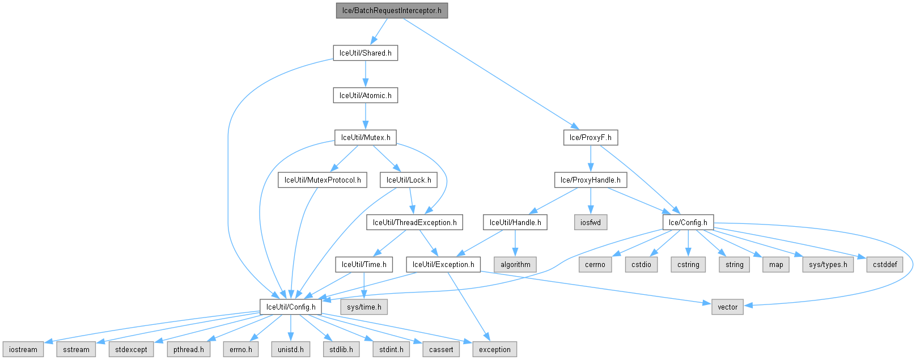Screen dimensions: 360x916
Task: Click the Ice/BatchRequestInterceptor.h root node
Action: coord(392,11)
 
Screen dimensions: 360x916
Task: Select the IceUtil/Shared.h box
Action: coord(365,53)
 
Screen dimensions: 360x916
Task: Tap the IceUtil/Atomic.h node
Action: coord(365,95)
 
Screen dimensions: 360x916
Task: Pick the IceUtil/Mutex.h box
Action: coord(365,137)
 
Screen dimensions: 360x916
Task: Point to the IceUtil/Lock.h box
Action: coord(409,180)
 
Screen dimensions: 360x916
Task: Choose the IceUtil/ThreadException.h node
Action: coord(414,222)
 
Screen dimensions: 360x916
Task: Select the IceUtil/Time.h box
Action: coord(364,264)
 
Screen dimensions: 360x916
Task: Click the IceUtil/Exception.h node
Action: coord(443,264)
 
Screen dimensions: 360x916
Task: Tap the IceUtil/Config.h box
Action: coord(291,307)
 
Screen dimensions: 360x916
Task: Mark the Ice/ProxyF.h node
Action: coord(591,137)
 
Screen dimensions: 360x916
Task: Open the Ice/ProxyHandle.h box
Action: coord(591,180)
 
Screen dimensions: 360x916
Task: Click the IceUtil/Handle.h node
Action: coord(515,222)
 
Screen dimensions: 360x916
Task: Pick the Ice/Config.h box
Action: coord(688,222)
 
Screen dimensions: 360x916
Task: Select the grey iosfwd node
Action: coord(591,222)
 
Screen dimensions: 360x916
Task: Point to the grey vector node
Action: coord(728,307)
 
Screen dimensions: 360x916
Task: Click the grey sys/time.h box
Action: coord(364,307)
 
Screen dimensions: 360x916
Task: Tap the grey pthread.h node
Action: coord(189,349)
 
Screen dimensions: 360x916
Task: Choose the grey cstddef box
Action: coord(885,264)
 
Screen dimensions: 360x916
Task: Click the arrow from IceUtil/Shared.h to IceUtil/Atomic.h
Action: coord(365,74)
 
